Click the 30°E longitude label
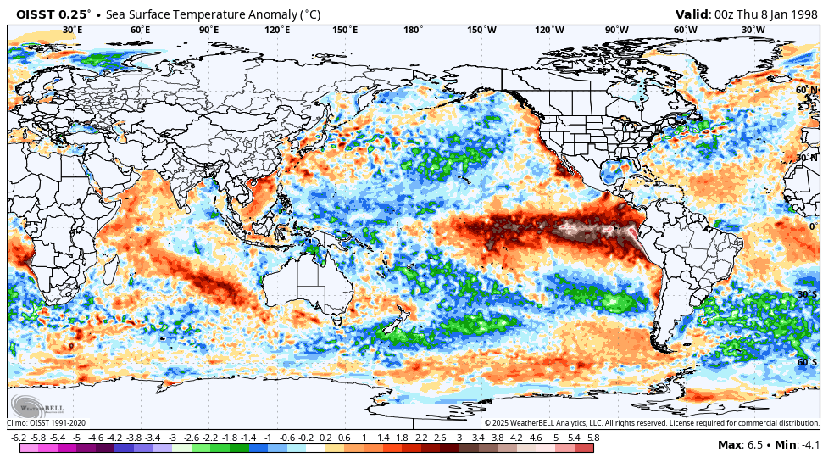(x=73, y=30)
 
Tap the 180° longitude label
(x=413, y=30)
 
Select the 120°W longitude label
(x=549, y=30)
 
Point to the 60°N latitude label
(x=806, y=90)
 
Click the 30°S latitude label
(x=807, y=294)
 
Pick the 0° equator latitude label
(x=812, y=226)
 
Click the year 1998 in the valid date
(x=801, y=14)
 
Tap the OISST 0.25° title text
(x=53, y=14)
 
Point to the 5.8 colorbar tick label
(x=594, y=437)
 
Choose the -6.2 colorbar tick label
(x=19, y=437)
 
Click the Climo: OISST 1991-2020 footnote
(x=47, y=422)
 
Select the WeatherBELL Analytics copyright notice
(x=652, y=422)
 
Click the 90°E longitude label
(x=208, y=30)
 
